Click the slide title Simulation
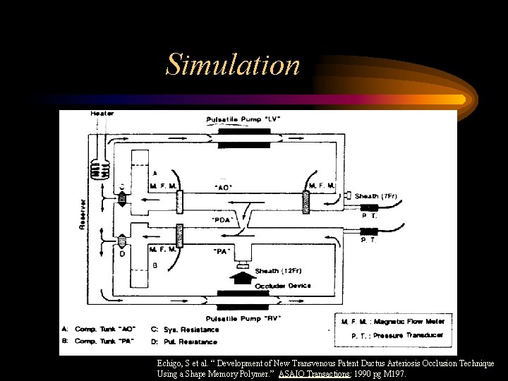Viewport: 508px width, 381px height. click(x=233, y=65)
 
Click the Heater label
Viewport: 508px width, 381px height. click(x=102, y=114)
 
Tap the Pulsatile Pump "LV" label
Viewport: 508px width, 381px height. click(x=243, y=119)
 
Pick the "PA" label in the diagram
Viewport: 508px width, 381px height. click(x=222, y=250)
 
